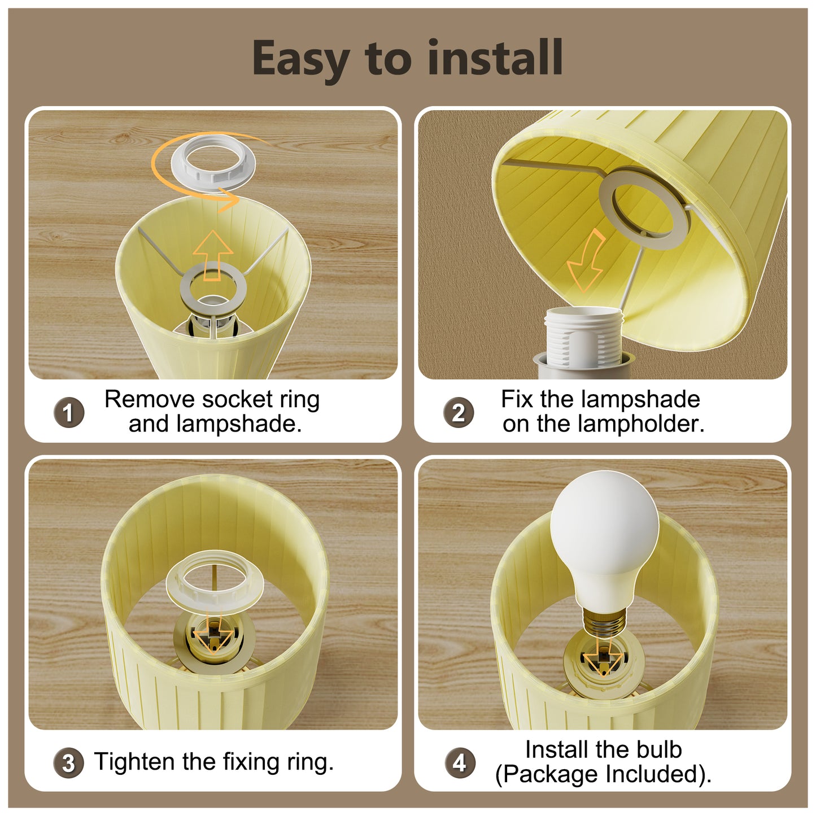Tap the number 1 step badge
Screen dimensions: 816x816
click(x=69, y=413)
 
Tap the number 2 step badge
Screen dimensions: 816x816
click(x=459, y=413)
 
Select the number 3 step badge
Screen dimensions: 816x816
click(x=69, y=763)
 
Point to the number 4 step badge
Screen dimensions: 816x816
click(x=460, y=763)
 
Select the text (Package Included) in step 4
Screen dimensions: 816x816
click(x=603, y=774)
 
